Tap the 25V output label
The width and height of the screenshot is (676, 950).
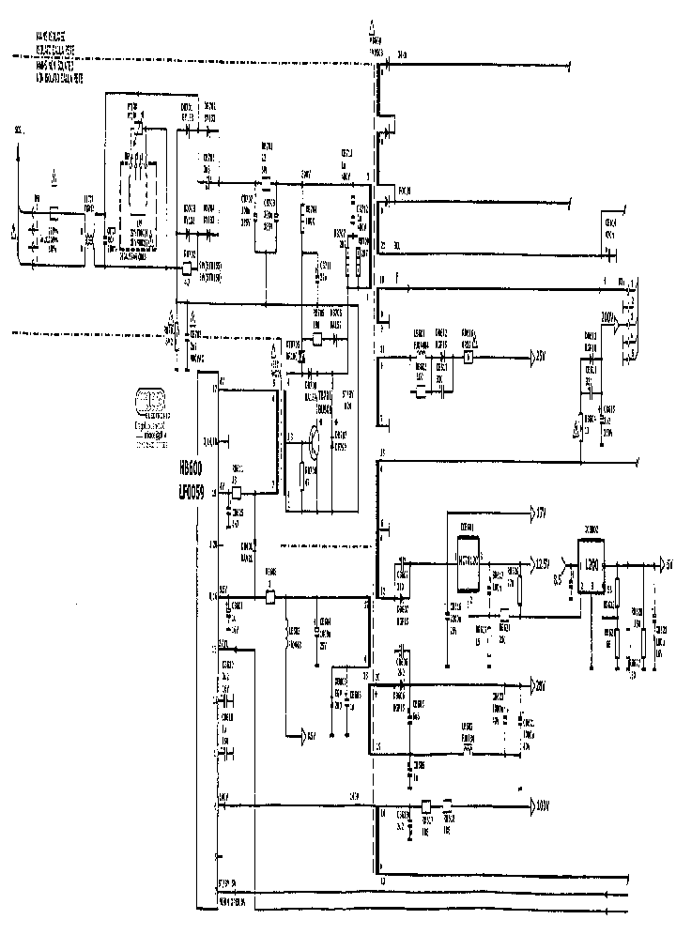click(540, 358)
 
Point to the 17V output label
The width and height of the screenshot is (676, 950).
click(540, 513)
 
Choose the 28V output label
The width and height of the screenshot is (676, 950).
click(541, 684)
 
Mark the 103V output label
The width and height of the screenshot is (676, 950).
click(541, 805)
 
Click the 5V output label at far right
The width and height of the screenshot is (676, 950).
click(668, 565)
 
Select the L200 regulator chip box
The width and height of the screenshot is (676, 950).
click(591, 568)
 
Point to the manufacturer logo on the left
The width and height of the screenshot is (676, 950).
click(149, 400)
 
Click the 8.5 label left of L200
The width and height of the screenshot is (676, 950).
click(558, 580)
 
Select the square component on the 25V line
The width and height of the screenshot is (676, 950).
click(467, 358)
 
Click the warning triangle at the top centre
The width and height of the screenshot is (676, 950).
click(375, 27)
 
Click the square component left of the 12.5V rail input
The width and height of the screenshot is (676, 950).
click(270, 597)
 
